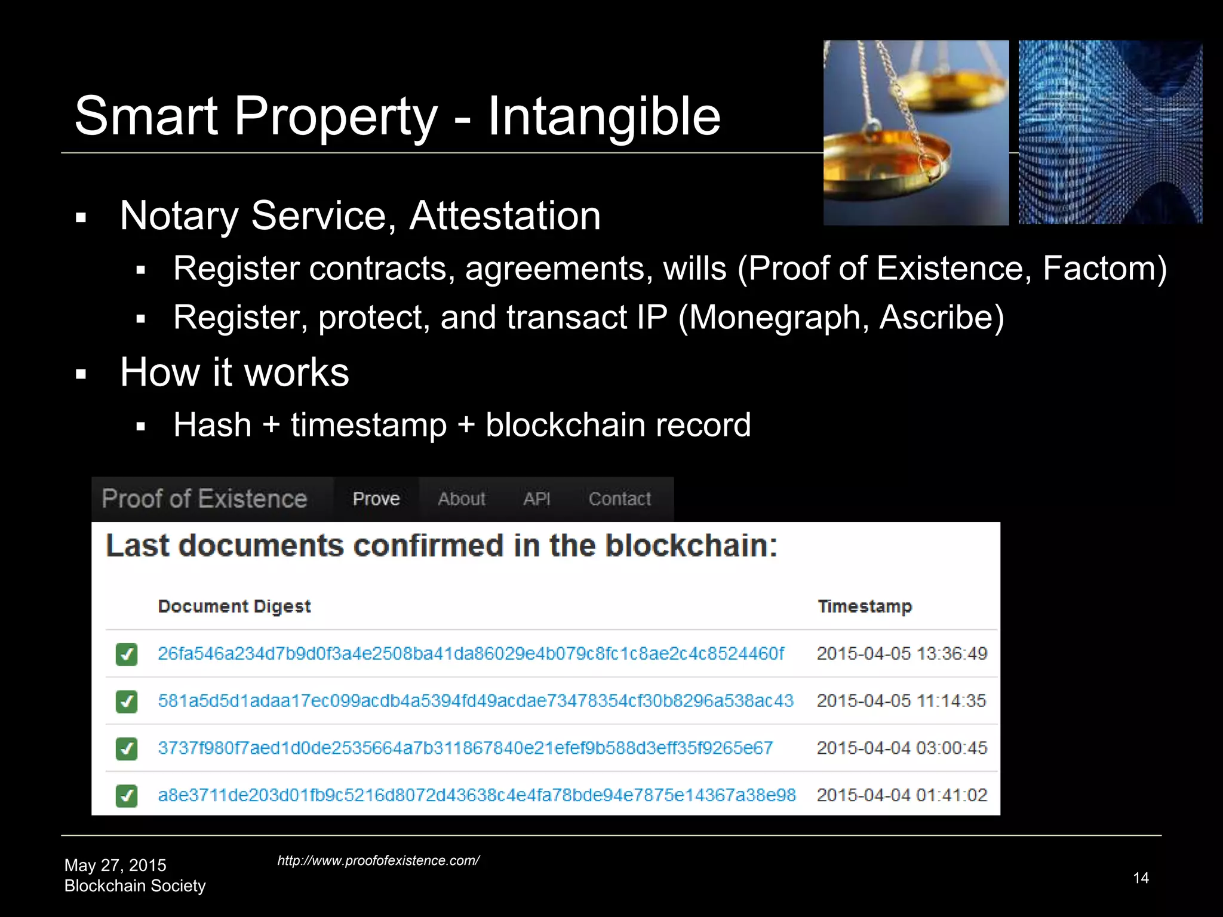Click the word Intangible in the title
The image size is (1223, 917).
[604, 116]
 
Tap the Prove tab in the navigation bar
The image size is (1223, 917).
[376, 498]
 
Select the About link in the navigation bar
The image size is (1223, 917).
[462, 498]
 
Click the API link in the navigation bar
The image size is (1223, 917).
[536, 498]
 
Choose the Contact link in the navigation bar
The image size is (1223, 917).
[619, 498]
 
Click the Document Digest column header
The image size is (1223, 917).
[234, 606]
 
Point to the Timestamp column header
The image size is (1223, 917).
[865, 606]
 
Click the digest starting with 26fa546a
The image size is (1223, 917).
[471, 653]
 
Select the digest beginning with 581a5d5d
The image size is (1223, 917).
[475, 700]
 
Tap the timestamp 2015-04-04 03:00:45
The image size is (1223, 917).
[902, 747]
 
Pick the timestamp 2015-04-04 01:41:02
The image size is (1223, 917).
[902, 795]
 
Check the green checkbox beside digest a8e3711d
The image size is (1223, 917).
[127, 795]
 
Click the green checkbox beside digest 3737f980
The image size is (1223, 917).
[127, 748]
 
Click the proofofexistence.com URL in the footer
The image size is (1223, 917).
[378, 860]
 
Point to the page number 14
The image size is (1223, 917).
[1141, 878]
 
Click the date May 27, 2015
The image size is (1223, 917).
[115, 865]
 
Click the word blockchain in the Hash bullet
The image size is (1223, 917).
[564, 425]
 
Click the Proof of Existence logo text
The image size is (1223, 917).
[204, 498]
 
